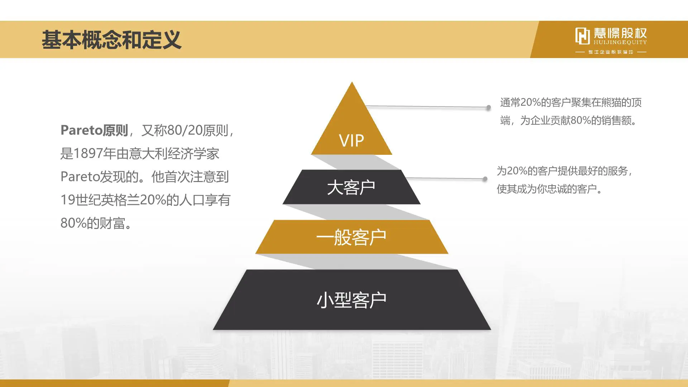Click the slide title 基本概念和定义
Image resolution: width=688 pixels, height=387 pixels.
[111, 39]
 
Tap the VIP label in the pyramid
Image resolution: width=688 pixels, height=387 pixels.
[351, 140]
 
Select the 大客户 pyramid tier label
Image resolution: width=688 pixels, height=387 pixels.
[351, 187]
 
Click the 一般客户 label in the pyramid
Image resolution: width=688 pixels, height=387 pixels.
[351, 237]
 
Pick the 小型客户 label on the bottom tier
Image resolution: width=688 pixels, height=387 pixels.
[351, 300]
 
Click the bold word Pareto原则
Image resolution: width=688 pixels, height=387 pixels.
[94, 130]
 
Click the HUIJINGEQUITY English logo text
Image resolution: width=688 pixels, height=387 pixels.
[620, 42]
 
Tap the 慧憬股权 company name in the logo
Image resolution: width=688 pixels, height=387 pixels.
[620, 33]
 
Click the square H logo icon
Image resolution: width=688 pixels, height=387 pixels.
[582, 36]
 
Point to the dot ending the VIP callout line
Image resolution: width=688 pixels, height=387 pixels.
[488, 107]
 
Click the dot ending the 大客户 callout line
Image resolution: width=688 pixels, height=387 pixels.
[485, 179]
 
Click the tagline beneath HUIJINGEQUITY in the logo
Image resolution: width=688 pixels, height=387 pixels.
[611, 52]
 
